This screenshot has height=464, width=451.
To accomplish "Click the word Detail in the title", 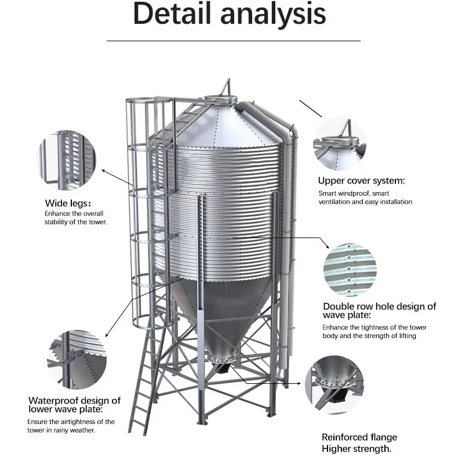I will [173, 15].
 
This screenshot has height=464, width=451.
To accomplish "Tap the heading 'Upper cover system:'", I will [361, 181].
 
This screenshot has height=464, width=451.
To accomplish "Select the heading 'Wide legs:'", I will [68, 203].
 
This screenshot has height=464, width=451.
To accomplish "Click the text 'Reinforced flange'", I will [359, 437].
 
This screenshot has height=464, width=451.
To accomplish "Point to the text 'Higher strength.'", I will [357, 449].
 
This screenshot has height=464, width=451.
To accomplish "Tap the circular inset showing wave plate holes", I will [350, 269].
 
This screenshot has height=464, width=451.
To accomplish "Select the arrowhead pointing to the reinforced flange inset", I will [304, 384].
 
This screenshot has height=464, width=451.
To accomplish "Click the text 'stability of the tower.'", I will [75, 222].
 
